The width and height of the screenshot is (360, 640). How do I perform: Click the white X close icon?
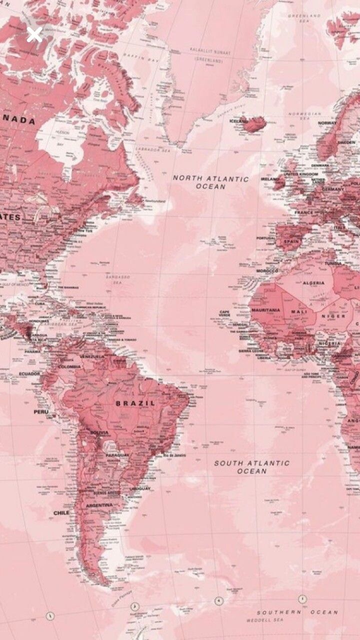(x=34, y=35)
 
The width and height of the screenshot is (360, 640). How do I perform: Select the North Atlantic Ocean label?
(x=210, y=182)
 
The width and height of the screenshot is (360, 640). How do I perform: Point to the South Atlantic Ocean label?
(x=252, y=467)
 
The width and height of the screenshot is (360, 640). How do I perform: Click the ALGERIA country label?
(x=314, y=282)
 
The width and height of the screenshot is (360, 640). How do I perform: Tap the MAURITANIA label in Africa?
(x=265, y=310)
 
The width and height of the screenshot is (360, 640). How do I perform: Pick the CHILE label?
(x=61, y=512)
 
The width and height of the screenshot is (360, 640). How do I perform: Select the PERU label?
(x=41, y=411)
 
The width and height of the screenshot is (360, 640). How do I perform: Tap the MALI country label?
(x=299, y=311)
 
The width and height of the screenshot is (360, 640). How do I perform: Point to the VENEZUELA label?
(x=92, y=356)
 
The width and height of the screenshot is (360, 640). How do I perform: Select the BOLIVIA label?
(x=99, y=432)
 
